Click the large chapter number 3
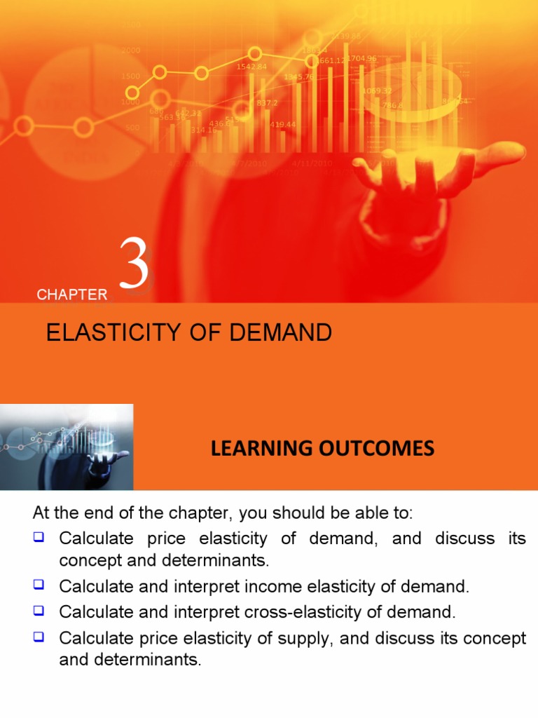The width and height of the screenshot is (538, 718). [134, 265]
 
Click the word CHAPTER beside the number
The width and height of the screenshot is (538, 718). [72, 295]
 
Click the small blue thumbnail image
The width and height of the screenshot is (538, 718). [67, 447]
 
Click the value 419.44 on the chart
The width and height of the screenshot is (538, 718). [282, 125]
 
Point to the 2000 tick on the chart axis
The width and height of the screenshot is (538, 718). [130, 50]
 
